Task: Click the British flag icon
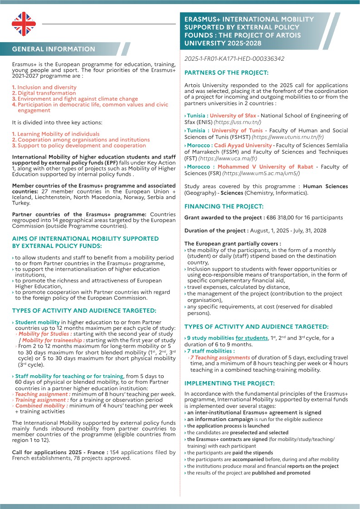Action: coord(24,24)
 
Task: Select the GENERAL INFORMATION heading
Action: coord(54,49)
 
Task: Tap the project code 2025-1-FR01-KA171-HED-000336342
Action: coord(234,59)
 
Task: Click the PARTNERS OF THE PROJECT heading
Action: coord(226,73)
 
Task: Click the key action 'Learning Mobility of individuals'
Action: coord(58,134)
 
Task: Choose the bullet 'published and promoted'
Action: coord(281,473)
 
